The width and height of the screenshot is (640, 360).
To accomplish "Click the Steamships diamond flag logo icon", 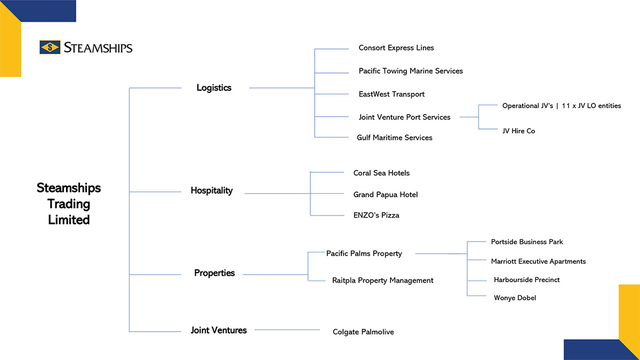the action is [50, 47].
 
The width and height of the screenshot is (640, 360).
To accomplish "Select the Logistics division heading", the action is [214, 87].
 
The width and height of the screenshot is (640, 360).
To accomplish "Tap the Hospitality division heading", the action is [212, 190].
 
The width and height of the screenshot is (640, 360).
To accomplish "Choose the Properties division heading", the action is [214, 273].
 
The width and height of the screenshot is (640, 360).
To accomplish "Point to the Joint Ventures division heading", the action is [219, 330].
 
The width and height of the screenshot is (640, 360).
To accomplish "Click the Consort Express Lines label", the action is [396, 47].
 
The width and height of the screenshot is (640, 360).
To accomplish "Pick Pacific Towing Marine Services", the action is [411, 71].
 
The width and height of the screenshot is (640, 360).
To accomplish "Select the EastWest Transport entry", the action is [391, 94].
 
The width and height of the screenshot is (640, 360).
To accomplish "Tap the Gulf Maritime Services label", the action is [395, 138].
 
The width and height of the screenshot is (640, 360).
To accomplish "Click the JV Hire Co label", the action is [518, 131].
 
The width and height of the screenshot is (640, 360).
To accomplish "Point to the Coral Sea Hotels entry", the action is [381, 173].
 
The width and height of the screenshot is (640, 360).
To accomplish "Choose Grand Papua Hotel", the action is [386, 195].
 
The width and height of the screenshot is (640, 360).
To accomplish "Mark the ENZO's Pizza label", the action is [377, 215].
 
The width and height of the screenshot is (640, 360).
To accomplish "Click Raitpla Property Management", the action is [383, 281].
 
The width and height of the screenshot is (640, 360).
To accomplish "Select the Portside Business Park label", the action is [527, 242].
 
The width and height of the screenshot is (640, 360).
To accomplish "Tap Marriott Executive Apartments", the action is [538, 261].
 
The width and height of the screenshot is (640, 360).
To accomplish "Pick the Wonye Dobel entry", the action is [515, 298].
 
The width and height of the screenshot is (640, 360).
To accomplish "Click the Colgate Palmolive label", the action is [363, 332].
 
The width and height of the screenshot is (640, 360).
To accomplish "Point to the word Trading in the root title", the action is [69, 204].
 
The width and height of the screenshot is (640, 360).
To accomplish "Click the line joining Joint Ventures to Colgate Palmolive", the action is [287, 330].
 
